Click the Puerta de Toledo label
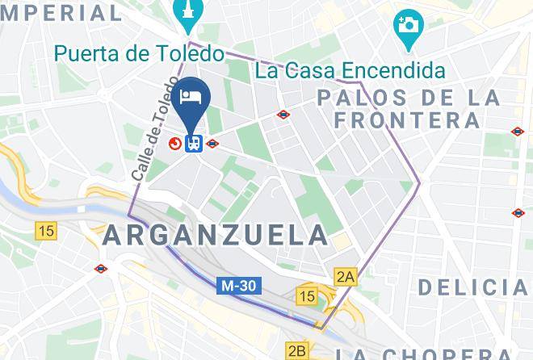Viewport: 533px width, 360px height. click(138, 54)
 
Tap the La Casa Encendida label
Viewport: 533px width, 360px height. click(350, 70)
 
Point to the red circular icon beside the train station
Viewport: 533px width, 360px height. click(175, 144)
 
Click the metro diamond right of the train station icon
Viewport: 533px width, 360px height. click(212, 144)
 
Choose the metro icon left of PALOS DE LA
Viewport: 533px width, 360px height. click(283, 115)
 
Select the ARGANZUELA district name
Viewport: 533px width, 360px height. click(216, 236)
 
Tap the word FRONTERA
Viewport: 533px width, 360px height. click(409, 121)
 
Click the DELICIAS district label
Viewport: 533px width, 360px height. click(473, 287)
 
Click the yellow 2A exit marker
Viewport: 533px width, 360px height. click(346, 277)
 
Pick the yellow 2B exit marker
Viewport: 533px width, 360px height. click(297, 351)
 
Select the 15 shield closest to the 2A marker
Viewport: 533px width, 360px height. click(307, 296)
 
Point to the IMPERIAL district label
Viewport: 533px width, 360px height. click(61, 12)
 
